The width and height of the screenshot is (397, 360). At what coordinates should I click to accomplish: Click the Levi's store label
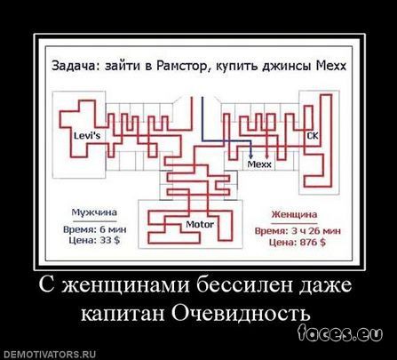[87, 136]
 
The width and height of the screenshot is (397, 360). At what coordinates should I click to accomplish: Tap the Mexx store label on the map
[259, 164]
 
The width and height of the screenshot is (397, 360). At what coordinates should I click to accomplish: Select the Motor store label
[200, 224]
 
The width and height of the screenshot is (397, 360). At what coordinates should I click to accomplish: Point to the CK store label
[313, 136]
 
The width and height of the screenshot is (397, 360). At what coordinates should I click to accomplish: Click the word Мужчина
[94, 212]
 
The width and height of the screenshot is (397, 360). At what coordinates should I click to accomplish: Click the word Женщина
[294, 214]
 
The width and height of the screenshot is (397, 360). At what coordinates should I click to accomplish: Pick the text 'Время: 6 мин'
[95, 229]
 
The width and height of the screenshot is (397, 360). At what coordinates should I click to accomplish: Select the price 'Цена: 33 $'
[95, 240]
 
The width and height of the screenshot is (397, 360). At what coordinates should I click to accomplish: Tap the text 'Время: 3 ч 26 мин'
[298, 231]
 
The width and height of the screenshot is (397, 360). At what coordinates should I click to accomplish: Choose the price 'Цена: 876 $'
[298, 242]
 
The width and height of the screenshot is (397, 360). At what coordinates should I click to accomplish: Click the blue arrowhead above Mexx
[250, 156]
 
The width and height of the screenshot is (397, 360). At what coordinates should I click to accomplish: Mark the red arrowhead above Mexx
[266, 156]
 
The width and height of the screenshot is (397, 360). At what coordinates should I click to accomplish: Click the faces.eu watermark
[340, 333]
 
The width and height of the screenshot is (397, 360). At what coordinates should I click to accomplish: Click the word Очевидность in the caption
[241, 314]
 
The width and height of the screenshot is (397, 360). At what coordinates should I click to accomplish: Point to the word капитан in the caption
[123, 314]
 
